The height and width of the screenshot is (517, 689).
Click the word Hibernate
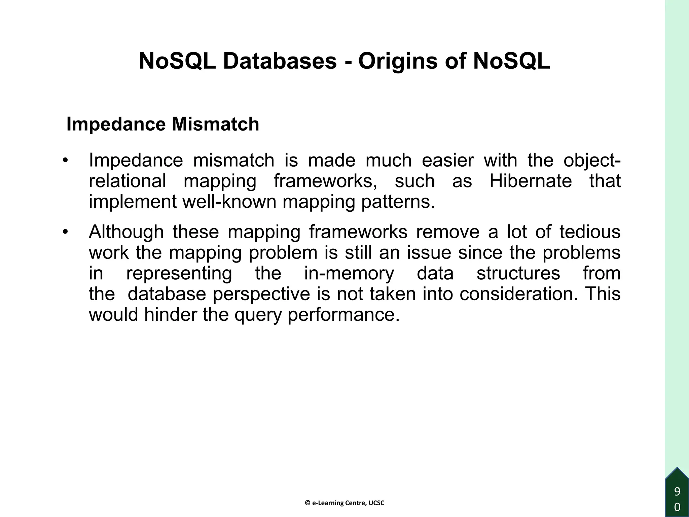531,181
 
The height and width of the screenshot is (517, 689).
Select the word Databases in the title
280,61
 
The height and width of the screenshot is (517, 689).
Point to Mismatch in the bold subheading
215,124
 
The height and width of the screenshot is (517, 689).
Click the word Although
126,232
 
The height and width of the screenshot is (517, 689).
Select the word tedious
590,232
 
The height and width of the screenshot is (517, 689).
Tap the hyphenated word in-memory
349,273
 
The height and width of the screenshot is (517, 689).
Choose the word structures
518,273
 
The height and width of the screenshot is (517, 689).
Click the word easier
447,160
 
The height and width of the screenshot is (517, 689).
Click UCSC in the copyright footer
376,503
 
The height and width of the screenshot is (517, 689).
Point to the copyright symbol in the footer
307,503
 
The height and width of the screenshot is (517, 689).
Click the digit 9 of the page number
677,492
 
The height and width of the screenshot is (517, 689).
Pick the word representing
179,274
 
